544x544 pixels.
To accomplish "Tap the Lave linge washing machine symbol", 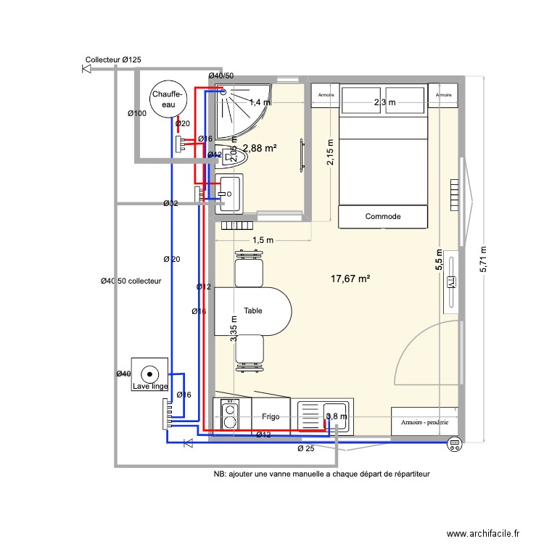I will point(150,376).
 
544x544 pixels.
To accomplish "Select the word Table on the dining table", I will point(253,310).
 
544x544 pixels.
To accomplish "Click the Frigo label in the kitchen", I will point(271,417).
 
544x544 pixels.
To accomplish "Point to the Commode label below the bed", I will point(382,216).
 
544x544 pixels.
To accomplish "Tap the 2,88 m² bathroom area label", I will point(259,148).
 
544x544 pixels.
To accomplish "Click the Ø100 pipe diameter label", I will point(137,113).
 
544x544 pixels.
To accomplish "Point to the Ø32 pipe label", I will point(170,203).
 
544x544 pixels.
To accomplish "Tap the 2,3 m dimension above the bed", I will point(384,102).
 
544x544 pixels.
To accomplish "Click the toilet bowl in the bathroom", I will point(226,154).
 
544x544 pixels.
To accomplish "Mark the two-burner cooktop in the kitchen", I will point(230,415).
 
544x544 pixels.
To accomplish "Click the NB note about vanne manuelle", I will point(321,474).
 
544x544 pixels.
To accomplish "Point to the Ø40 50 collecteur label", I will point(131,281).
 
